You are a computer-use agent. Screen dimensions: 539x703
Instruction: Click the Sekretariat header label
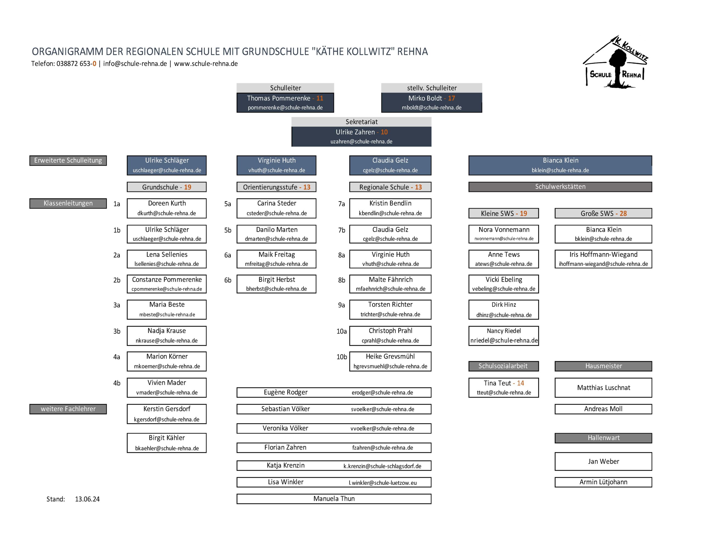click(x=361, y=122)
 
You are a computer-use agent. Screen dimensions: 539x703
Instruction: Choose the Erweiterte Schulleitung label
click(x=68, y=160)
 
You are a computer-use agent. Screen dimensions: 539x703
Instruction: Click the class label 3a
click(x=117, y=305)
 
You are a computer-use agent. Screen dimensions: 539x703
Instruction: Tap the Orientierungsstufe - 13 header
click(x=276, y=187)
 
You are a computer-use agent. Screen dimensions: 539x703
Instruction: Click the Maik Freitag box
click(x=276, y=259)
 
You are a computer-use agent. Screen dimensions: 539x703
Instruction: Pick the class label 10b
click(x=342, y=357)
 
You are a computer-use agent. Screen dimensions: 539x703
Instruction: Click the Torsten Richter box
click(x=390, y=309)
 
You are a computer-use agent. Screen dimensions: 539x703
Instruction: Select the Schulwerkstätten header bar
click(x=560, y=187)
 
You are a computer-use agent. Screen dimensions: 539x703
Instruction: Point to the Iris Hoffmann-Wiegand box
click(x=603, y=259)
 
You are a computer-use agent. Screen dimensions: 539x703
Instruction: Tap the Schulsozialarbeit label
click(x=503, y=366)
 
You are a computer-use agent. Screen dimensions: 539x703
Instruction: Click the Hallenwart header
click(x=603, y=438)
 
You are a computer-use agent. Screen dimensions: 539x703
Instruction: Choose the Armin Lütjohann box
click(x=603, y=482)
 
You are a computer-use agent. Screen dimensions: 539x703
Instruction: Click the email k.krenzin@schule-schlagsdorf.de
click(x=382, y=466)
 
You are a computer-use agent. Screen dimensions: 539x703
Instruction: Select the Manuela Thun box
click(x=334, y=499)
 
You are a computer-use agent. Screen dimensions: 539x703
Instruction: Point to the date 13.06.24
click(x=87, y=499)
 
